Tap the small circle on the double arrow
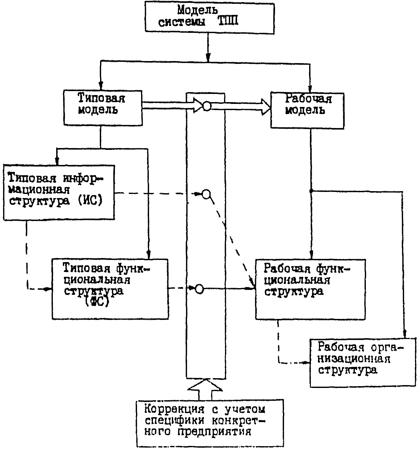point(207,106)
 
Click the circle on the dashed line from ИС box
point(207,194)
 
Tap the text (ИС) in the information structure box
point(90,200)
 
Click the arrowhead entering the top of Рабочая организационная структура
point(405,335)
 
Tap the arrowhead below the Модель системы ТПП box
point(208,57)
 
